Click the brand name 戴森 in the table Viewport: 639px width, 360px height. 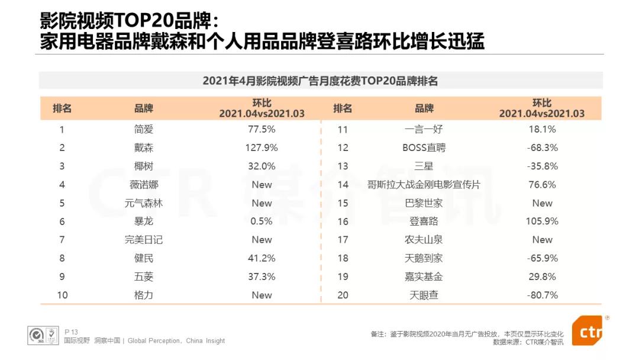coord(143,147)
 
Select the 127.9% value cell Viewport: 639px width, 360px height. coord(262,147)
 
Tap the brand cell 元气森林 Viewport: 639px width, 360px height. coord(143,203)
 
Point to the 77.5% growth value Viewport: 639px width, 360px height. coord(262,129)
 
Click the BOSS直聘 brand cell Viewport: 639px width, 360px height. coord(424,147)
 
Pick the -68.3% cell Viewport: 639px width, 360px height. coord(542,147)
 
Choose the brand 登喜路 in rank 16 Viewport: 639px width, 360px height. coord(424,221)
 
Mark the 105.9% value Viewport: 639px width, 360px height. coord(542,221)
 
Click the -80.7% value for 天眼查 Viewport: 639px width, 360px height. coord(542,295)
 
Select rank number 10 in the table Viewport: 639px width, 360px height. coord(62,295)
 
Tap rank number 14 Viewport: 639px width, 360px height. coord(343,185)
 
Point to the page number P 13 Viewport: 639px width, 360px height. coord(71,332)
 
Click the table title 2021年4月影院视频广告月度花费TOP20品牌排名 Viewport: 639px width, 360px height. coord(320,81)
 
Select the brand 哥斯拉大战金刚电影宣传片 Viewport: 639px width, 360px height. coord(424,185)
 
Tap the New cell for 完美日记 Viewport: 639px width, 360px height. coord(262,240)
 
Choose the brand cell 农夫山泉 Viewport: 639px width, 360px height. coord(424,240)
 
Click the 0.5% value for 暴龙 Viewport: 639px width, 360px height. coord(262,221)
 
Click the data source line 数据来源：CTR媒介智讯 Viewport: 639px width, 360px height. coord(528,342)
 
